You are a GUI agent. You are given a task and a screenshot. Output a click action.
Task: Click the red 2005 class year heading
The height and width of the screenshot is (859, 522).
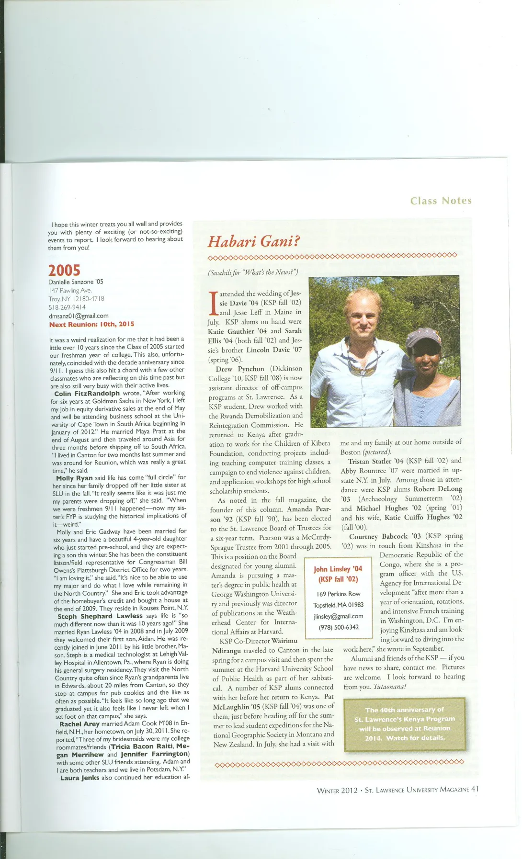64,271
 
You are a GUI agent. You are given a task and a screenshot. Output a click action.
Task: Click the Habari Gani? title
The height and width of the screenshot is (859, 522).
254,241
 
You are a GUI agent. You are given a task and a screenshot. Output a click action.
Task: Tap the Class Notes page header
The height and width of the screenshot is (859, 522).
441,201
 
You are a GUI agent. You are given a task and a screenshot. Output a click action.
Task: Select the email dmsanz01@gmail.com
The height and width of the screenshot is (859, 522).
79,316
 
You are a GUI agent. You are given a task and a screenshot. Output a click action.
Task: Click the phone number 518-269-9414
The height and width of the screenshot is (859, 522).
67,307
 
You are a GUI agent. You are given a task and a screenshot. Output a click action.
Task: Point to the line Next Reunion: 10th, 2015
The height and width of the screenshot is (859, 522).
91,324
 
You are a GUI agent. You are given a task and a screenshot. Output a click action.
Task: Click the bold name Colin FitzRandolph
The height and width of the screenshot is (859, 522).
87,393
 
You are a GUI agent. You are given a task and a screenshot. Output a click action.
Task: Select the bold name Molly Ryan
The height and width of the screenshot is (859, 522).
74,478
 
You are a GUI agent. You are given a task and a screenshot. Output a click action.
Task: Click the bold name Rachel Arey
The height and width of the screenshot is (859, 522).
79,724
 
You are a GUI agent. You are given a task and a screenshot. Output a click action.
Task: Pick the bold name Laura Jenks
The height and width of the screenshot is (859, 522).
80,778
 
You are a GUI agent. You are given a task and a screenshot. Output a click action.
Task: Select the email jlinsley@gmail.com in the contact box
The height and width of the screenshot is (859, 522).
339,616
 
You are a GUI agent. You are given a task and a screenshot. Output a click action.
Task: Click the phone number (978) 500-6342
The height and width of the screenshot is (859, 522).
339,627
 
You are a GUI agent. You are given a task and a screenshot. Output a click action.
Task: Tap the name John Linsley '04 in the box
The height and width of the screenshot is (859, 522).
338,569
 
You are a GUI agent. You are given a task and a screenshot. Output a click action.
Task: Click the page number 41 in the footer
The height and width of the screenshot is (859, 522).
475,789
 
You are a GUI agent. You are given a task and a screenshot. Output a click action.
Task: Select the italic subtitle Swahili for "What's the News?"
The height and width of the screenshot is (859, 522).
253,272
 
